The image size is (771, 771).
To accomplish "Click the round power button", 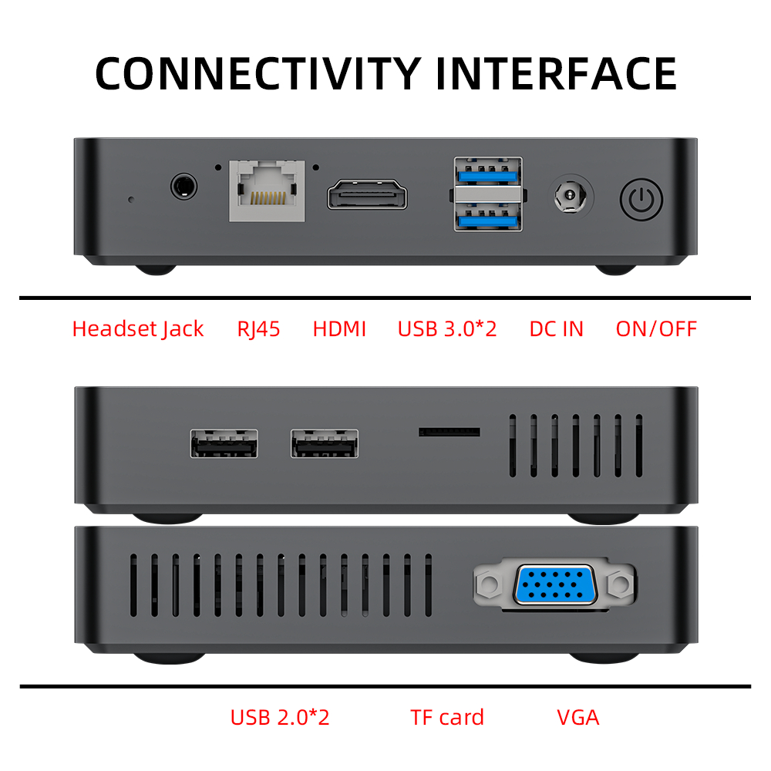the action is pos(641,199).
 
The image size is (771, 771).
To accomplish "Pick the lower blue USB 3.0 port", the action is pos(487,218).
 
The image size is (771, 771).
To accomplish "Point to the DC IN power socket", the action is pos(571,196).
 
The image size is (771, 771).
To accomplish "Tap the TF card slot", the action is pos(449,432).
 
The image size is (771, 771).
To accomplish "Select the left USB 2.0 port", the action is pos(224,444).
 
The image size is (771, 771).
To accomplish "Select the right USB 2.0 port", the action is pos(325,444).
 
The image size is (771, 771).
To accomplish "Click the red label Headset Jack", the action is pos(138,329).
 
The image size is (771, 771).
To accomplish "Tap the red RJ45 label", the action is pos(259,329).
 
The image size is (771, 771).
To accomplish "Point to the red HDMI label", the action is pos(339,329).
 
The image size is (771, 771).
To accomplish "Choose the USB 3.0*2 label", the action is pos(447,329).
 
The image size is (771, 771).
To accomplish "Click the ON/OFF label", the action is pos(656,329).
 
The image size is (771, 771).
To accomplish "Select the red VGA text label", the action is pos(578,718).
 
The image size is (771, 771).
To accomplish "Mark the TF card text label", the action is pos(447,718).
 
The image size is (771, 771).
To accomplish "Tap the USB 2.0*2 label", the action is pos(280,718).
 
